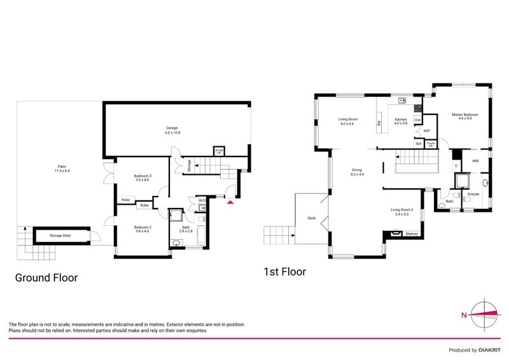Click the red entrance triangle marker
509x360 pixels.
coord(230,203)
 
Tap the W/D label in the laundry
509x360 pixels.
coord(202,200)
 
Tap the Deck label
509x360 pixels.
coord(311,218)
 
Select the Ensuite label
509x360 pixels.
coord(473,193)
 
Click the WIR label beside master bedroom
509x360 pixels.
coord(475,161)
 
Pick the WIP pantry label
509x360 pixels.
coord(427,130)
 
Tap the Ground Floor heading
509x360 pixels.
coord(46,277)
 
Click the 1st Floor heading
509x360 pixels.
coord(284,272)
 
